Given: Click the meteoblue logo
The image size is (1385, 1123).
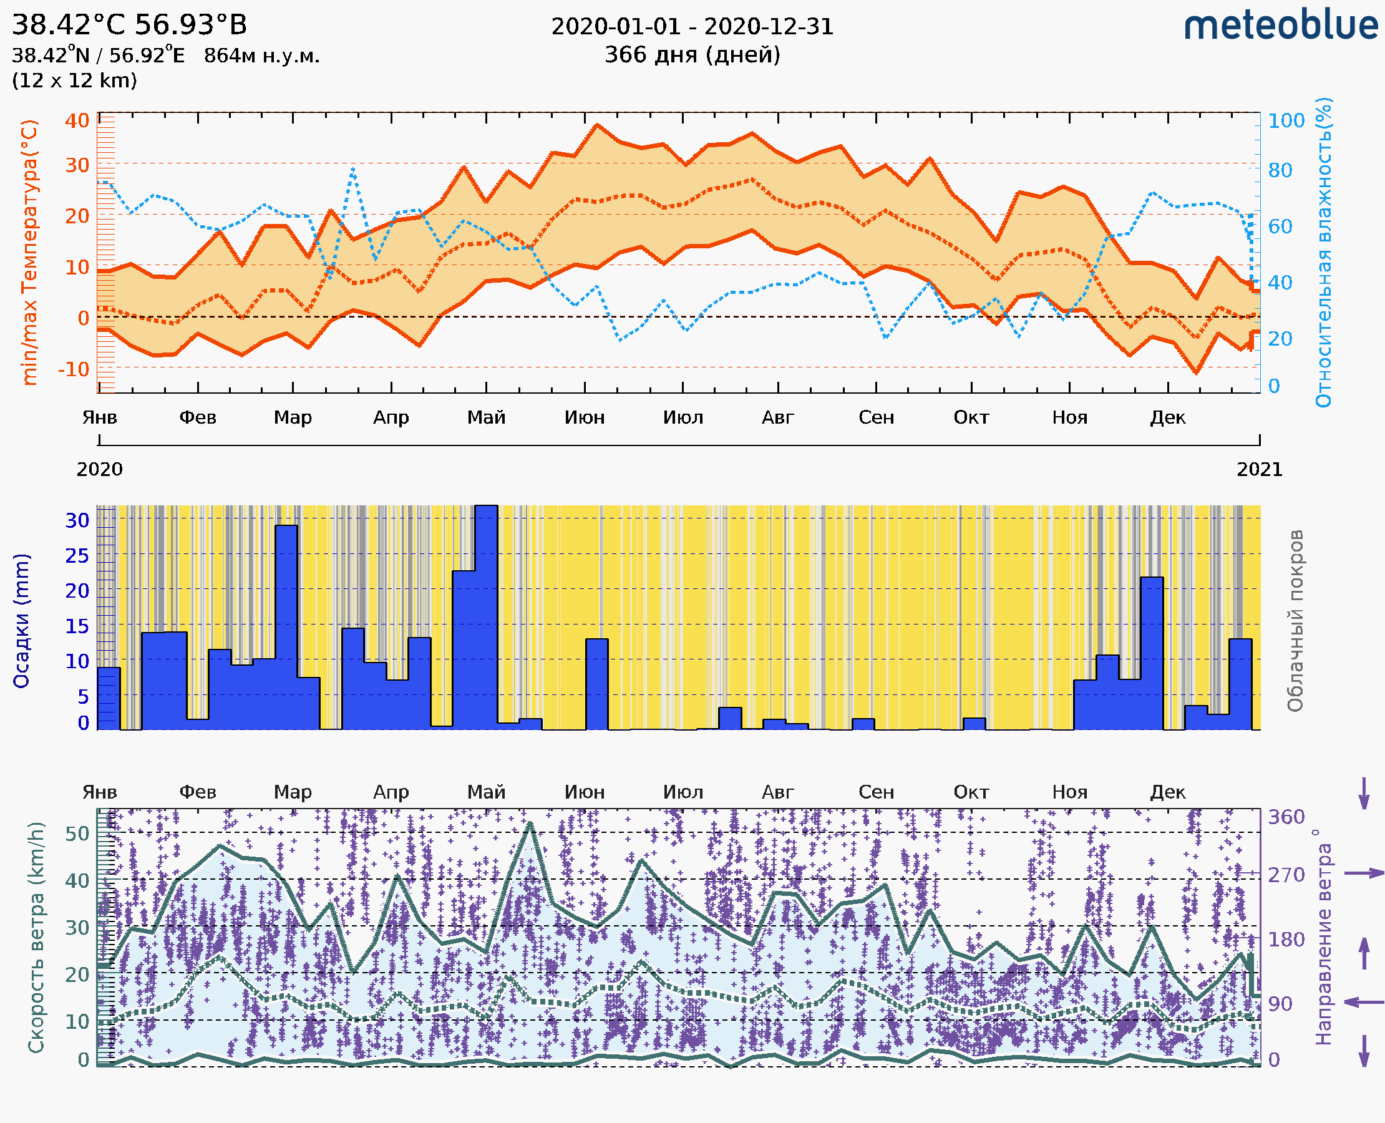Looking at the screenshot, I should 1281,26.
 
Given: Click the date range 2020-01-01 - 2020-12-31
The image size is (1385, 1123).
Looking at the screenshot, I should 692,27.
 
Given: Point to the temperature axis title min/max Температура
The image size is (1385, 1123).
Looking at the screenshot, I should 29,252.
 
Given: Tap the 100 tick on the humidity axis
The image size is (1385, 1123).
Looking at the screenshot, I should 1285,121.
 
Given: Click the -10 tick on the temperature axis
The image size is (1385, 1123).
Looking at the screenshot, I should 74,369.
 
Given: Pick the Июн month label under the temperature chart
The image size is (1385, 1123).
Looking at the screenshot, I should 584,417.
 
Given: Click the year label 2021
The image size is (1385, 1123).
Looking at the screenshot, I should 1259,470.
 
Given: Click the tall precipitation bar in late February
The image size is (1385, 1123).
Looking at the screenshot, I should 286,628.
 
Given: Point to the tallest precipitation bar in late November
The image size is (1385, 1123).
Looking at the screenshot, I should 1152,653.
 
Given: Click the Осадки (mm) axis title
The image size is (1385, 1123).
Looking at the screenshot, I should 21,621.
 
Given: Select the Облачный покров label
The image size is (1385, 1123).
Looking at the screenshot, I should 1295,621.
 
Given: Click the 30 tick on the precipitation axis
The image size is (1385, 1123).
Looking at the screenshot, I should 77,520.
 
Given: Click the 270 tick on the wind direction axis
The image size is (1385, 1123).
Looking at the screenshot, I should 1285,875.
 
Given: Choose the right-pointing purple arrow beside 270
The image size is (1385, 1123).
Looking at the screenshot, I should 1363,873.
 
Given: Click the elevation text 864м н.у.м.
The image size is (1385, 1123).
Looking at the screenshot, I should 261,56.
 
